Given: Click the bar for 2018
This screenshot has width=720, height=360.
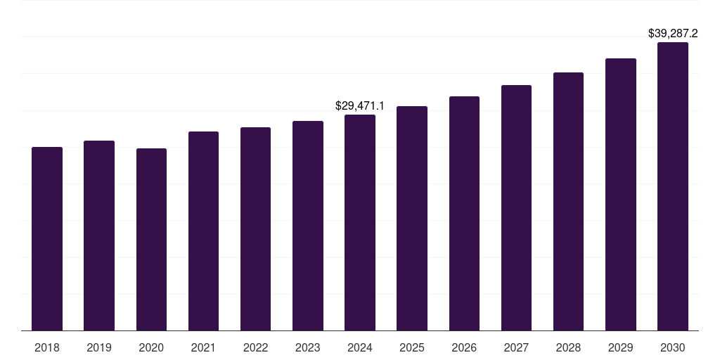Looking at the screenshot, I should coord(47,239).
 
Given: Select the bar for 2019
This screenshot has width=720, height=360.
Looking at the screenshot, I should coord(99,236).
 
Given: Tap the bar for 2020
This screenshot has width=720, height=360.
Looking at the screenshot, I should coord(151,240).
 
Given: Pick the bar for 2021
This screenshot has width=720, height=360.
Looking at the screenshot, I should coord(203,231).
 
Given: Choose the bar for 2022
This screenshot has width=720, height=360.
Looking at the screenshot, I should coord(255,229).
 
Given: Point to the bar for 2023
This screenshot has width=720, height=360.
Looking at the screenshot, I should coord(308,226).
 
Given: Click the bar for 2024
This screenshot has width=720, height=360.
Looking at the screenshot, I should coord(360,223).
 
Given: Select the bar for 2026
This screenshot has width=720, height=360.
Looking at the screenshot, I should coord(464,214).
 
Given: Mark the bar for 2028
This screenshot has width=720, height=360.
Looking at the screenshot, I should coord(568,202).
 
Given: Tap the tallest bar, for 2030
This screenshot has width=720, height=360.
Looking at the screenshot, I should coord(673,186).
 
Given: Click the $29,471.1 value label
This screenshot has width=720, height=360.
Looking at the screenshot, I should coord(360,106).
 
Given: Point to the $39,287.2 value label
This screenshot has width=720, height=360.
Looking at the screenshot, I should coord(673,33).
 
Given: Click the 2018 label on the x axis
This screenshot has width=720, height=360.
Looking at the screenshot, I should coord(47,347).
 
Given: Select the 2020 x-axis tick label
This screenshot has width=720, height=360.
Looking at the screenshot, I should coord(151,347).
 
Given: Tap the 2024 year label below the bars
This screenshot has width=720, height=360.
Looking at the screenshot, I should coord(360,347).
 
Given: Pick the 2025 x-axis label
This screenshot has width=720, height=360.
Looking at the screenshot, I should coord(412,347).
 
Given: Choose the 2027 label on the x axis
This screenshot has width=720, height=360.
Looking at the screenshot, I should coord(516,347).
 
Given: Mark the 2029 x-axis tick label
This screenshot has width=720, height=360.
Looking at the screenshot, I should coord(621,347).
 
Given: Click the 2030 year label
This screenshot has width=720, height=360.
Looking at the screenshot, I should coord(673,347).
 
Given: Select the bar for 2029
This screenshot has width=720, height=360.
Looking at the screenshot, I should coord(621,195).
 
